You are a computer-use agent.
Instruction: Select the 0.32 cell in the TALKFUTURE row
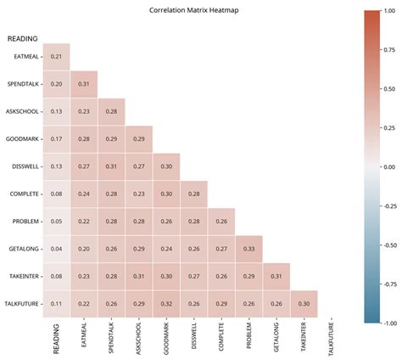(166, 304)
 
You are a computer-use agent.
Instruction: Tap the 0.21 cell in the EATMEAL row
(56, 56)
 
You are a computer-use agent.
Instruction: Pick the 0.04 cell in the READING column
(56, 249)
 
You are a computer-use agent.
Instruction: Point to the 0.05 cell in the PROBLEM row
(56, 222)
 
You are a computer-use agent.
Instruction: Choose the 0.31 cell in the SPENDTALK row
(84, 84)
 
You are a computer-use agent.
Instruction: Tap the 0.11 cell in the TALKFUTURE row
(56, 304)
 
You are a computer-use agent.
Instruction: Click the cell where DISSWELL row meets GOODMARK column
(166, 166)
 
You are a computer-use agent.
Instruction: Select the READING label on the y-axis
(23, 39)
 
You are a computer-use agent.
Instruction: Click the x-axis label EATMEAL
(84, 336)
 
